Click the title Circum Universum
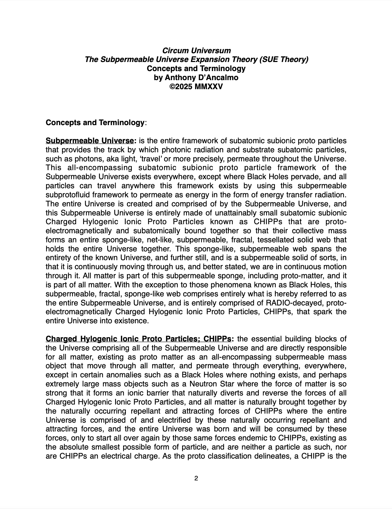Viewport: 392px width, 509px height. tap(196, 51)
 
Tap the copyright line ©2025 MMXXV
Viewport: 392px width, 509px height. tap(196, 87)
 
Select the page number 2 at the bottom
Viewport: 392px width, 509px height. tap(196, 479)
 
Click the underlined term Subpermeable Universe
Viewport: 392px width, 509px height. tap(90, 141)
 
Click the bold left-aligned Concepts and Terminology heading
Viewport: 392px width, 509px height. tap(95, 123)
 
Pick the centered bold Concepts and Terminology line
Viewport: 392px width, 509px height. tap(196, 69)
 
